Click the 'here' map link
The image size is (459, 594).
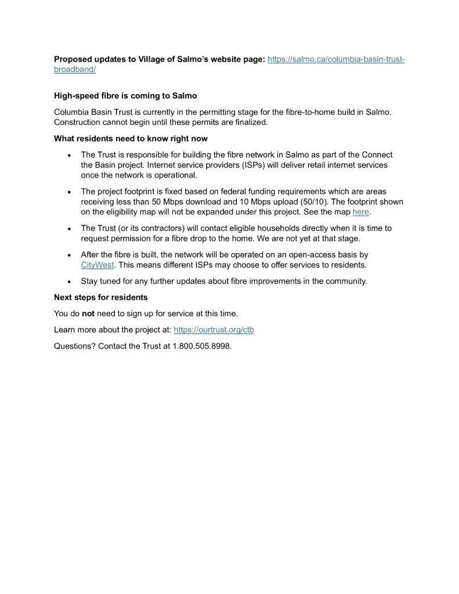[361, 212]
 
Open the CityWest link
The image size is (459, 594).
[97, 265]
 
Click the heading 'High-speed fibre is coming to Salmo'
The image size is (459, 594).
[125, 95]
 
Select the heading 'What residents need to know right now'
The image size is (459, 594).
[131, 139]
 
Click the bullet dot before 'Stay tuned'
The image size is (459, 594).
[69, 281]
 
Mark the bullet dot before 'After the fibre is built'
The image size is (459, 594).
[69, 255]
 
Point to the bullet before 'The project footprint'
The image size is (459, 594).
[69, 191]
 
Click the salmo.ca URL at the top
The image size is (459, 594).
[335, 59]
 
